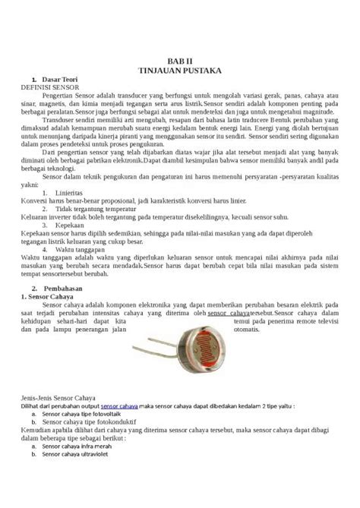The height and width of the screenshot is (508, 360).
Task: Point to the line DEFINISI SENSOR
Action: [56, 87]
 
